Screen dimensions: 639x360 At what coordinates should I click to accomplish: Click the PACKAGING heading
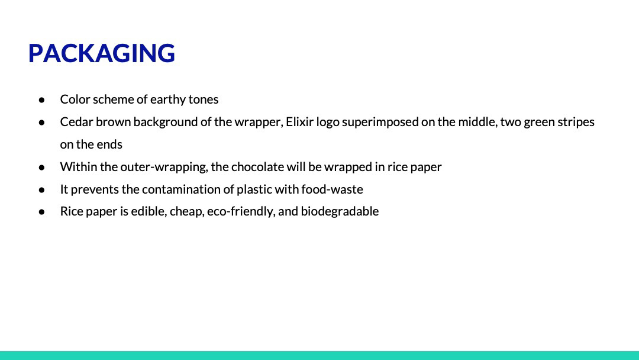coord(102,53)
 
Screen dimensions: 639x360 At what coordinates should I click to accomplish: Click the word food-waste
coord(332,189)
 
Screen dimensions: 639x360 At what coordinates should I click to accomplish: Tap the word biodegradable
coord(340,211)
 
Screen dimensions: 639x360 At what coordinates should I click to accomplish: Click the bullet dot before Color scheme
coord(41,100)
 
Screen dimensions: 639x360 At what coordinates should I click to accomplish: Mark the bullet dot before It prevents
coord(41,189)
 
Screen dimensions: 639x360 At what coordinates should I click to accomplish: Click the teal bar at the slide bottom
coord(319,355)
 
